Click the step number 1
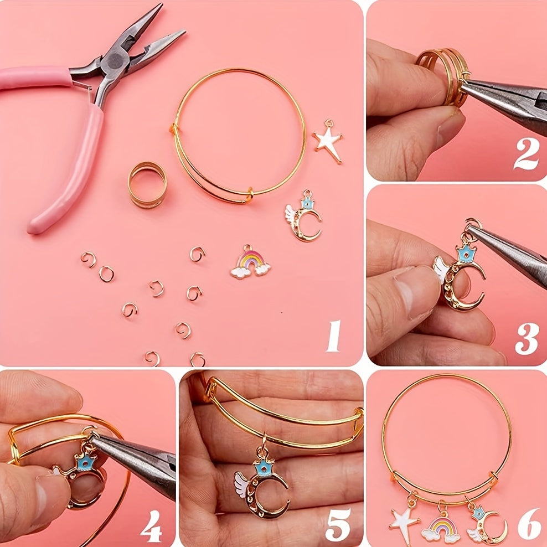click(x=333, y=336)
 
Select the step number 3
click(x=527, y=339)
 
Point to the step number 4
click(x=151, y=526)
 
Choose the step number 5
click(x=338, y=526)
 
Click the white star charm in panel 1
click(x=328, y=141)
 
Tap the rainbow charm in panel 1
click(x=250, y=262)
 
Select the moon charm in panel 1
click(x=303, y=216)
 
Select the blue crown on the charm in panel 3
click(x=466, y=253)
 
